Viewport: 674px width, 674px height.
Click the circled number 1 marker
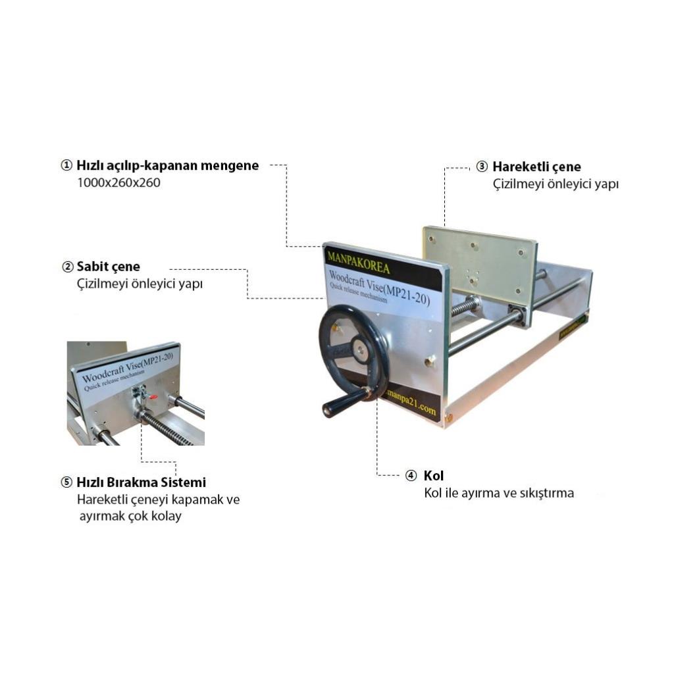(x=66, y=165)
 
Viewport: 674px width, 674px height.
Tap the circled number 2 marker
(x=68, y=267)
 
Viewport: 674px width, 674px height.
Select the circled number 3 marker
(x=482, y=167)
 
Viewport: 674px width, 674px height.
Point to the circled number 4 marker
(x=411, y=475)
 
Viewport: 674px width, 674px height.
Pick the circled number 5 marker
(x=66, y=482)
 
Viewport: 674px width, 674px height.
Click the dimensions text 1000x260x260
(x=118, y=183)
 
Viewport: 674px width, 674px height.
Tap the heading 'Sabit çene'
(x=109, y=267)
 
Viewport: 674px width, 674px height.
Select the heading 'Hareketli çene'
(x=536, y=167)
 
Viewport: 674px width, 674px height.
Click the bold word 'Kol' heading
(x=434, y=475)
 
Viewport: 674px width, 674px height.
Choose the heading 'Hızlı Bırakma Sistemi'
(x=141, y=482)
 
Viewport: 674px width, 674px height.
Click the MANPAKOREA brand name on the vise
(x=358, y=263)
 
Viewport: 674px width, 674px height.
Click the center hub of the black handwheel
(x=359, y=346)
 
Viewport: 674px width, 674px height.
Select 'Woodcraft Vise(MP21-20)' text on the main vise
(x=379, y=287)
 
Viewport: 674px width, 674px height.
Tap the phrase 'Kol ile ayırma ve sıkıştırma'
(x=499, y=492)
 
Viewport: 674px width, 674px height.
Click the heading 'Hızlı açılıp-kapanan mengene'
(x=168, y=166)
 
